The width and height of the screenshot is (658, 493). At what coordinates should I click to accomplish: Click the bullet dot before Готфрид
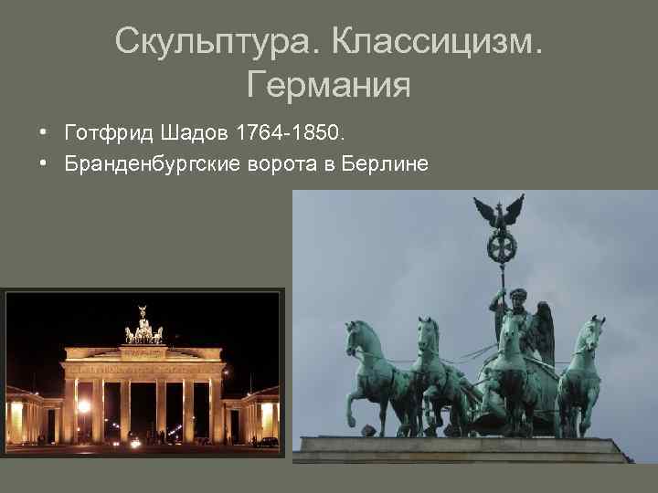(x=44, y=135)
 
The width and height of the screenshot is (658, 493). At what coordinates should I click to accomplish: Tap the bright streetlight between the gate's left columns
(x=84, y=405)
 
